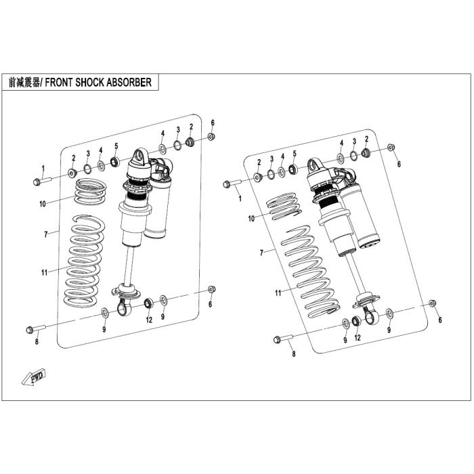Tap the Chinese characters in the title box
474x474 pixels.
[x=24, y=82]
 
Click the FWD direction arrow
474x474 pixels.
[x=34, y=377]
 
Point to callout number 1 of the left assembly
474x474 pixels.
[x=43, y=168]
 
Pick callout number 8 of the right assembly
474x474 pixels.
[x=293, y=353]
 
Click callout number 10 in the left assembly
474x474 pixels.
[x=43, y=204]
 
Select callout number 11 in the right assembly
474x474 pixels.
[x=278, y=293]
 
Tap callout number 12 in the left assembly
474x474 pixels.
[x=149, y=320]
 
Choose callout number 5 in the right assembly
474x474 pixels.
[x=295, y=154]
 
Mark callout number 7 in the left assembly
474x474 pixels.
[x=46, y=234]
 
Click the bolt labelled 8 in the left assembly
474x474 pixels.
[x=36, y=329]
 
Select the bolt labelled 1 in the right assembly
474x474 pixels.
[x=232, y=184]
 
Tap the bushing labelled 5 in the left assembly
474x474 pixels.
[x=115, y=162]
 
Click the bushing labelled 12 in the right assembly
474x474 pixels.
[x=357, y=321]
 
